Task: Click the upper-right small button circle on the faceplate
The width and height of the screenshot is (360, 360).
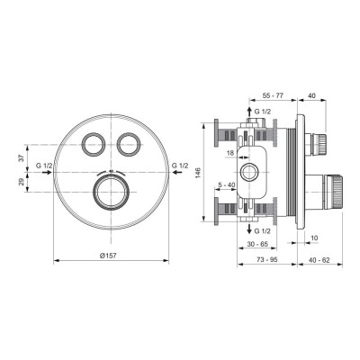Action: click(x=128, y=141)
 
